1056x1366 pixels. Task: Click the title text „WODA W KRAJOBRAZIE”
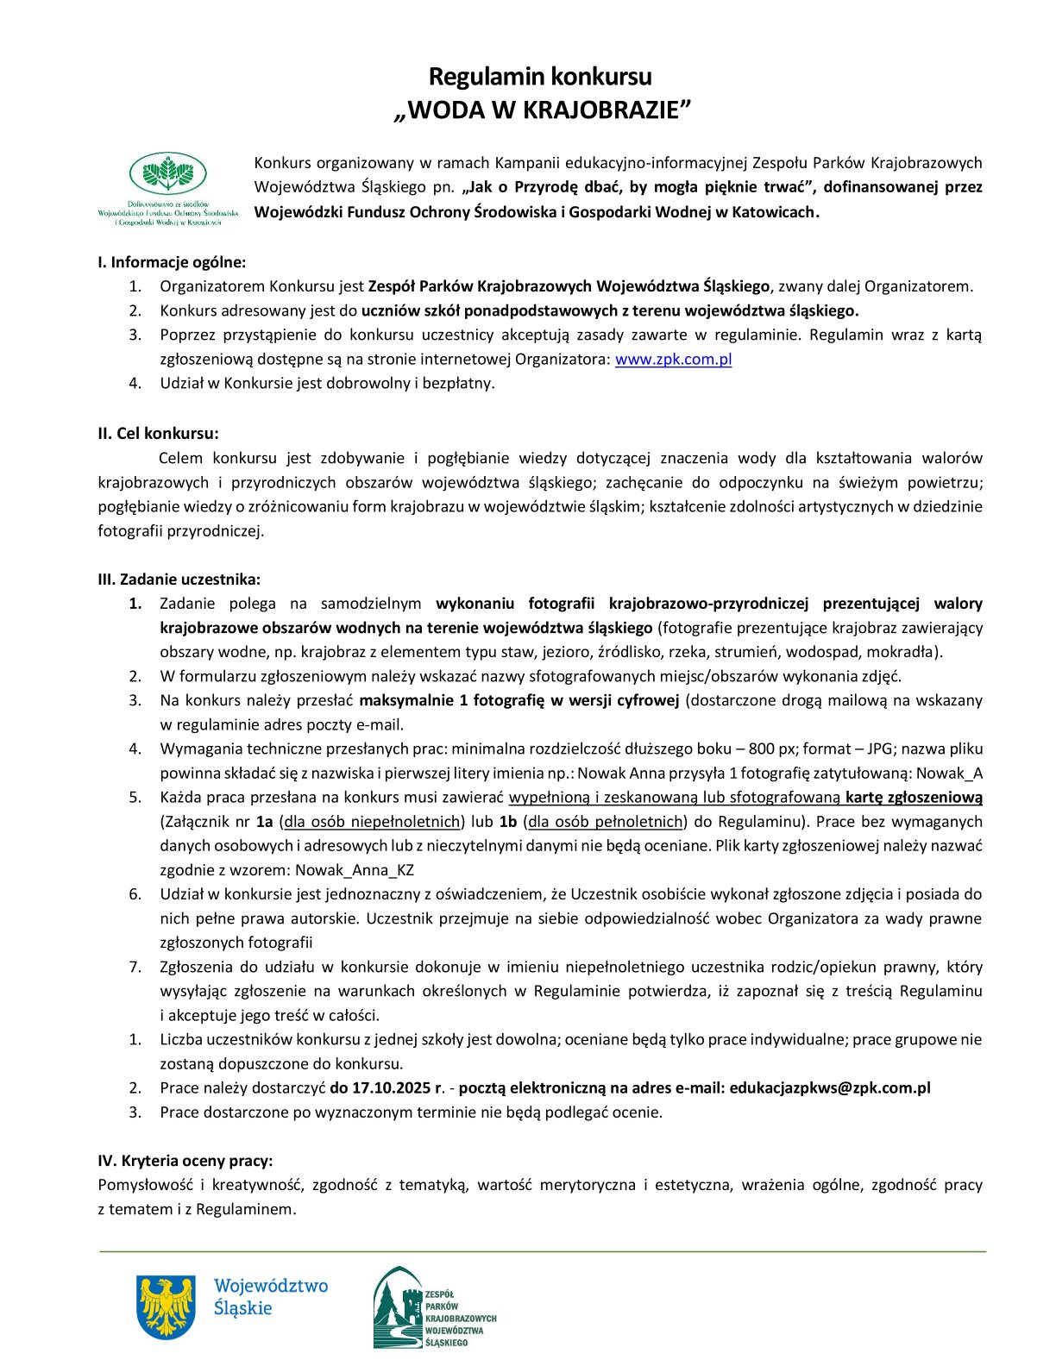tap(543, 111)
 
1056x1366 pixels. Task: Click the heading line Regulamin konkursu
tap(540, 77)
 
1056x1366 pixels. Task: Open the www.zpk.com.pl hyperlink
tap(673, 360)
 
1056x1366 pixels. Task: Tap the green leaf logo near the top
tap(168, 173)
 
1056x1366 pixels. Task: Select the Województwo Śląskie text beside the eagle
tap(271, 1297)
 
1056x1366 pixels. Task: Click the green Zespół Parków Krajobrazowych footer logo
tap(435, 1307)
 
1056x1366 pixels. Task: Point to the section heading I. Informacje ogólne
tap(172, 262)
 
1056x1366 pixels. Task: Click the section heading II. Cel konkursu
tap(158, 434)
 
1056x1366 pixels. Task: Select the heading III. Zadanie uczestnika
tap(179, 580)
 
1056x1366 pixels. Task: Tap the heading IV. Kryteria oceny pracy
tap(185, 1161)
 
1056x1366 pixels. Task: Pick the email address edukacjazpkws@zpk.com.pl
tap(830, 1088)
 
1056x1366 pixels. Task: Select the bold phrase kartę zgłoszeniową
tap(914, 798)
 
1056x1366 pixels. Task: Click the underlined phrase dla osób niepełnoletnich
tap(373, 822)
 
